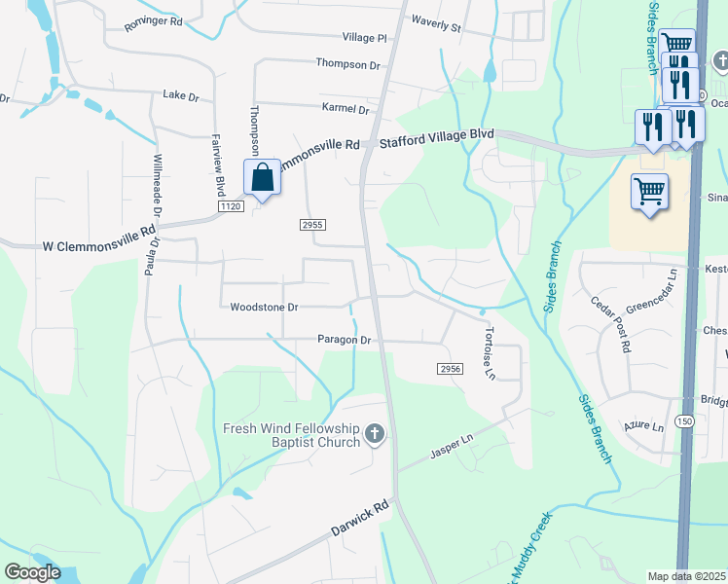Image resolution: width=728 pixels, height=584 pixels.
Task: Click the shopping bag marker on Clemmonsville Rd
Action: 262,178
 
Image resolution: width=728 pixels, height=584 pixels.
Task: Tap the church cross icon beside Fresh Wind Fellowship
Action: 375,435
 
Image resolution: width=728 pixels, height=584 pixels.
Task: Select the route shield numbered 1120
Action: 230,206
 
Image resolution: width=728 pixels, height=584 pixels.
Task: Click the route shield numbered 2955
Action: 311,225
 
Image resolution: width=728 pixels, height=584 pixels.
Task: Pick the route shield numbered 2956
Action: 449,369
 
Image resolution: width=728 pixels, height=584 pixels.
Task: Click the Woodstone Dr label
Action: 264,307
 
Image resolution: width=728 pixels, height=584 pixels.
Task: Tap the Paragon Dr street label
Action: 345,340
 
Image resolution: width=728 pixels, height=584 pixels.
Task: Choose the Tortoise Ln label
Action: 490,352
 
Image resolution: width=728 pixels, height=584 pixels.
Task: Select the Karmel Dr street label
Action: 345,109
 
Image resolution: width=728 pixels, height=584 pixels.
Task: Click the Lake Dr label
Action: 180,94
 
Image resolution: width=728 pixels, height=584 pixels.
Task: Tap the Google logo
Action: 32,572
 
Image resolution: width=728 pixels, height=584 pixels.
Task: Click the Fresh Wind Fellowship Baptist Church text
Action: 290,435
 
